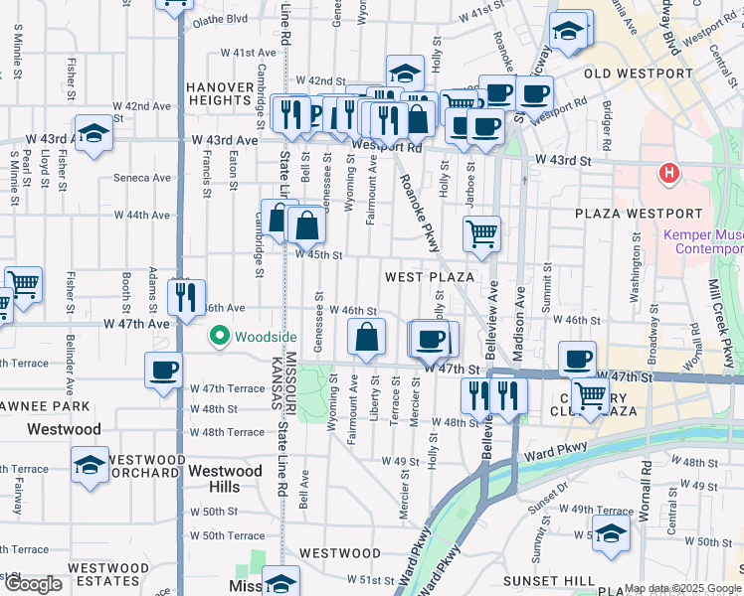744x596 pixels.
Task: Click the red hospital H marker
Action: pyautogui.click(x=669, y=174)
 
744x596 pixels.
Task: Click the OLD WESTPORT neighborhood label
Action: pyautogui.click(x=638, y=74)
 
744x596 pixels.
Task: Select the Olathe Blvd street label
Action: pyautogui.click(x=220, y=19)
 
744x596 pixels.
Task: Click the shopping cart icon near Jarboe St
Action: pyautogui.click(x=481, y=233)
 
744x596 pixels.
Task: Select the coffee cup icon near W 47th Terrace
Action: pyautogui.click(x=163, y=370)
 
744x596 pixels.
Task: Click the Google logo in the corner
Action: pyautogui.click(x=33, y=584)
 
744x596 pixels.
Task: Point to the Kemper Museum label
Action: pyautogui.click(x=702, y=241)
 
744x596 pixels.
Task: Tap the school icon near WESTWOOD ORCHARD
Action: pyautogui.click(x=91, y=464)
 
